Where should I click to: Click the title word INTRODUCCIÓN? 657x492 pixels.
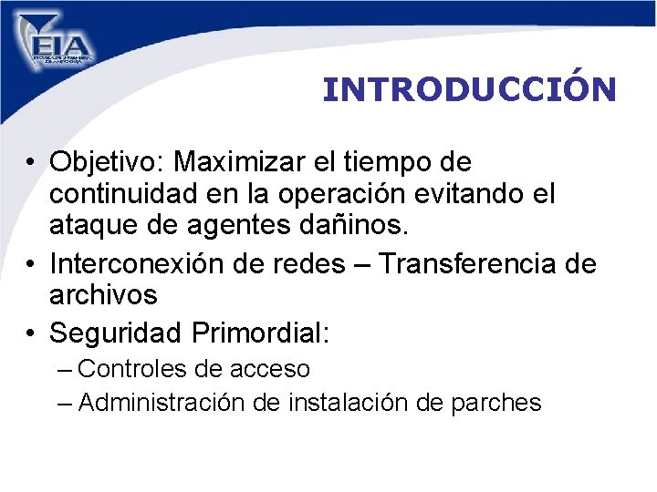point(469,89)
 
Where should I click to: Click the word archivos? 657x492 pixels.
point(102,295)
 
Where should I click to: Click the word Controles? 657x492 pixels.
point(137,369)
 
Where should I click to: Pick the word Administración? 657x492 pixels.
point(180,403)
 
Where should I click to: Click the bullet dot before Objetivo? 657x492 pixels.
point(31,164)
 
